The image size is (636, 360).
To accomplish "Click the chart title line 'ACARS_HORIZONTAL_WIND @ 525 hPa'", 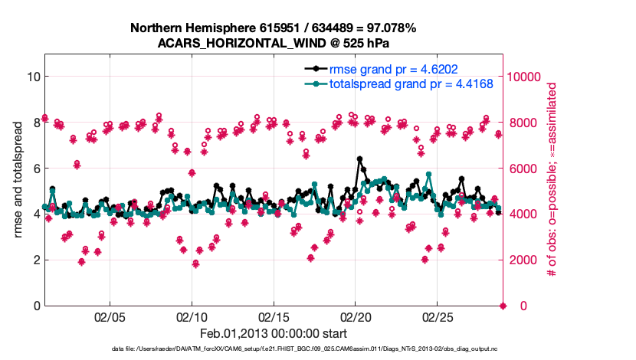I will point(273,43).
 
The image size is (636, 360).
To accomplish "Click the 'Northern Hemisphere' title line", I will point(273,28).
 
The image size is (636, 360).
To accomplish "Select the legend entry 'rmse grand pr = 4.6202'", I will point(393,69).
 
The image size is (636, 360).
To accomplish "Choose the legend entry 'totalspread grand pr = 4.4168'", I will point(411,83).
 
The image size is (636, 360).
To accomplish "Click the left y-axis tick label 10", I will point(31,77).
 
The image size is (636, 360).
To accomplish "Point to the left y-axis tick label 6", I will point(35,169).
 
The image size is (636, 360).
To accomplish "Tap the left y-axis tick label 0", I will point(35,306).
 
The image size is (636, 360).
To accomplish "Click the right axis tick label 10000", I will point(525,77).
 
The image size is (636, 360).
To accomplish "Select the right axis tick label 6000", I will point(522,169).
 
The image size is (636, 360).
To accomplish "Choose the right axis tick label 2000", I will point(522,260).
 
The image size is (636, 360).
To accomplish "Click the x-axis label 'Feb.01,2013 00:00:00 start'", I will point(273,334).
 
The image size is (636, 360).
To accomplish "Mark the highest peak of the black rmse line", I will point(359,159).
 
